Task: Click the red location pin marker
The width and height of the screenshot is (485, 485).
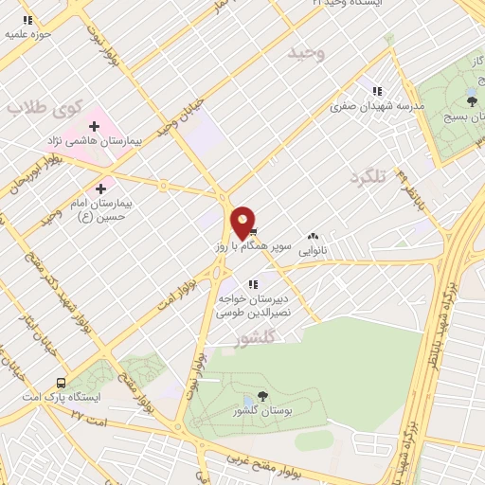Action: click(242, 221)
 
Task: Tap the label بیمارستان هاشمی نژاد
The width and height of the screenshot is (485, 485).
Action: click(94, 140)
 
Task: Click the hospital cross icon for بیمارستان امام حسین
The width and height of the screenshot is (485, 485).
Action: click(101, 189)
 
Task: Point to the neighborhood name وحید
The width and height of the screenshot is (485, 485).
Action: click(307, 54)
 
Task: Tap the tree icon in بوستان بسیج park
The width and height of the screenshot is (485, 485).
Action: click(471, 99)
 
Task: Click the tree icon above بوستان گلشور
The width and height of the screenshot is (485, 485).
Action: click(262, 396)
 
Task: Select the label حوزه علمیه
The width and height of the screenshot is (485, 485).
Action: click(28, 34)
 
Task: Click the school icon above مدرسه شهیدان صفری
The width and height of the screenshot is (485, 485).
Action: click(377, 92)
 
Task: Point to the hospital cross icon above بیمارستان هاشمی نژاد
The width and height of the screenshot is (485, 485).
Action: click(94, 125)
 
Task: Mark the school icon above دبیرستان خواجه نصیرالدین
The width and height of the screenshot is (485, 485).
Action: click(252, 283)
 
